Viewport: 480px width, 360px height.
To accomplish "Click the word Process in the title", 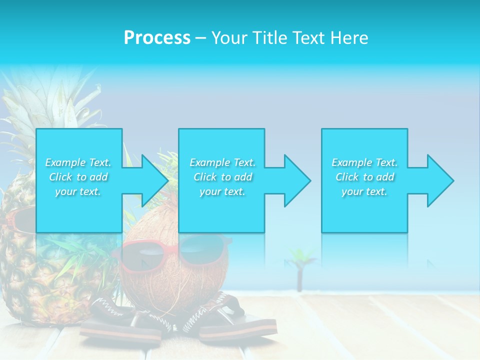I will tap(157, 38).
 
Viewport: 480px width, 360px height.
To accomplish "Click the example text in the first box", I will tap(78, 177).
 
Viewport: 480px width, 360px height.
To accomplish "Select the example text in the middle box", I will tap(222, 177).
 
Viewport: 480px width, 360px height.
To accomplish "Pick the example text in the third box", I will tap(364, 177).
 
